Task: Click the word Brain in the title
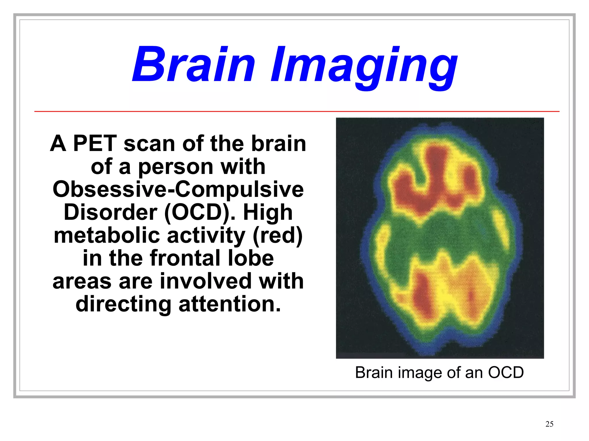[x=193, y=65]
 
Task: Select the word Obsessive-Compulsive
[x=178, y=189]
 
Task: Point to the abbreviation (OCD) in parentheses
[x=197, y=212]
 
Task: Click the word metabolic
[x=107, y=235]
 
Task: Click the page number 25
[x=549, y=424]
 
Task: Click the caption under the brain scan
[x=439, y=373]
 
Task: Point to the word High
[x=268, y=212]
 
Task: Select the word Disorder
[x=110, y=212]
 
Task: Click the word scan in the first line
[x=149, y=144]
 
